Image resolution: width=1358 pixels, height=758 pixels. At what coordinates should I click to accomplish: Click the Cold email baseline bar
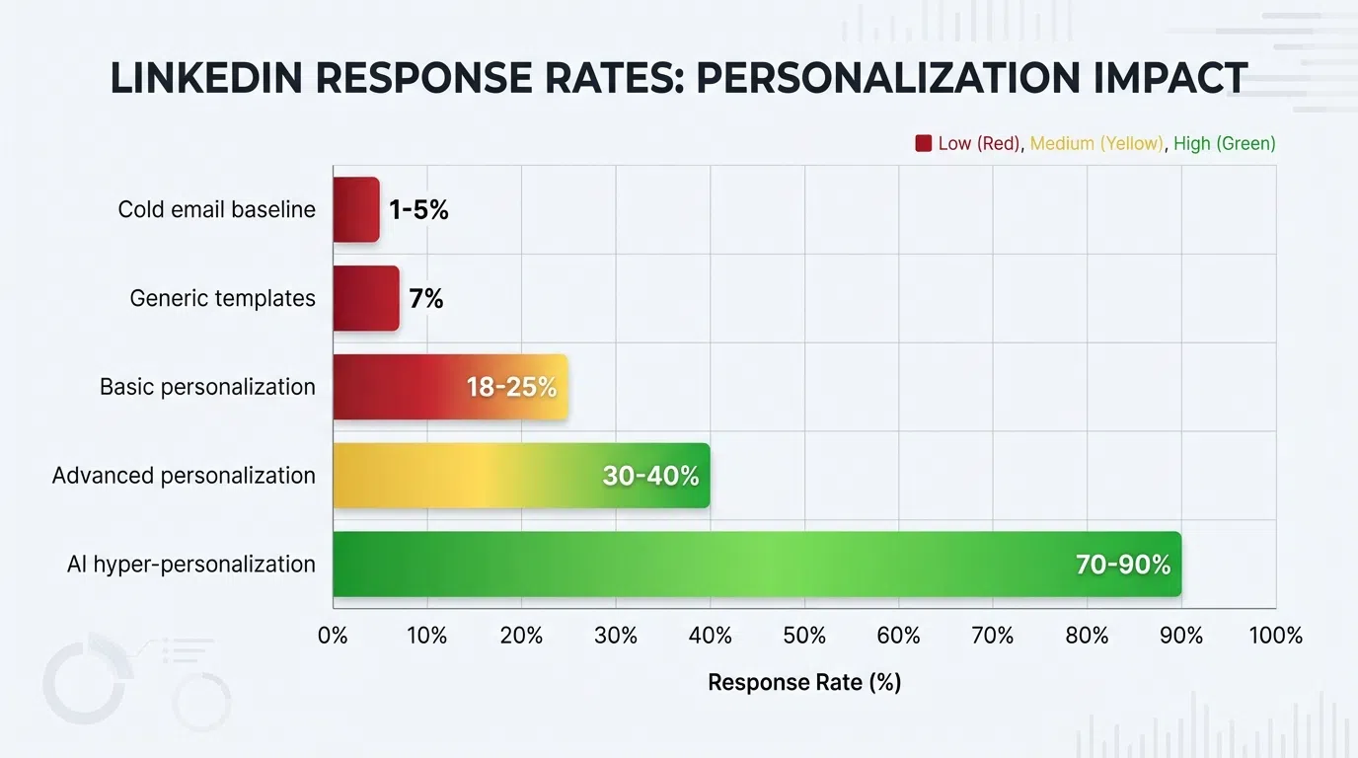(x=356, y=209)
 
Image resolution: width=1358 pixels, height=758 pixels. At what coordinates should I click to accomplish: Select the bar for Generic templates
(x=366, y=298)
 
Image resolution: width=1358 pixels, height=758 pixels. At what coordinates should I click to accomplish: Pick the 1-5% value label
(x=418, y=209)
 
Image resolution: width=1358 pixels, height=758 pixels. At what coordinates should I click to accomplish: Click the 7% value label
(x=426, y=298)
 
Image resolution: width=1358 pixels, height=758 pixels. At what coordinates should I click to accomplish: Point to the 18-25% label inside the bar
(x=511, y=387)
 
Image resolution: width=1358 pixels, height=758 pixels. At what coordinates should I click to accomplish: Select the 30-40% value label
(x=650, y=476)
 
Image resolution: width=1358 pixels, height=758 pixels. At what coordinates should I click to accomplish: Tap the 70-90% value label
(x=1122, y=565)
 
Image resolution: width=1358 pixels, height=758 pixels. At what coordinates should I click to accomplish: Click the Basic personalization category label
(x=207, y=387)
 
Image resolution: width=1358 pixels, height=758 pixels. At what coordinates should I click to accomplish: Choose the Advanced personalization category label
(x=184, y=476)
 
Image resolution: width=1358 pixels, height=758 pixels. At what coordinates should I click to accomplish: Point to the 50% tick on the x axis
(x=804, y=636)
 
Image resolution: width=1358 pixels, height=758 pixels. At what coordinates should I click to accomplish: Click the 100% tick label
(x=1275, y=636)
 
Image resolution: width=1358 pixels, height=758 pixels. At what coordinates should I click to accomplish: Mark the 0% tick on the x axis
(x=333, y=636)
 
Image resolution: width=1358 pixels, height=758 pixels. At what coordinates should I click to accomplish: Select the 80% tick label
(x=1087, y=636)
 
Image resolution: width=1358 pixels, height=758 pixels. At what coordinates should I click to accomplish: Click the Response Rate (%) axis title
(x=804, y=682)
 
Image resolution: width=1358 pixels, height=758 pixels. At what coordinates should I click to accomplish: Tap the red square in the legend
(x=924, y=143)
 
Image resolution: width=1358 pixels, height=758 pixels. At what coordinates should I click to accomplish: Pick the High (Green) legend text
(x=1225, y=143)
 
